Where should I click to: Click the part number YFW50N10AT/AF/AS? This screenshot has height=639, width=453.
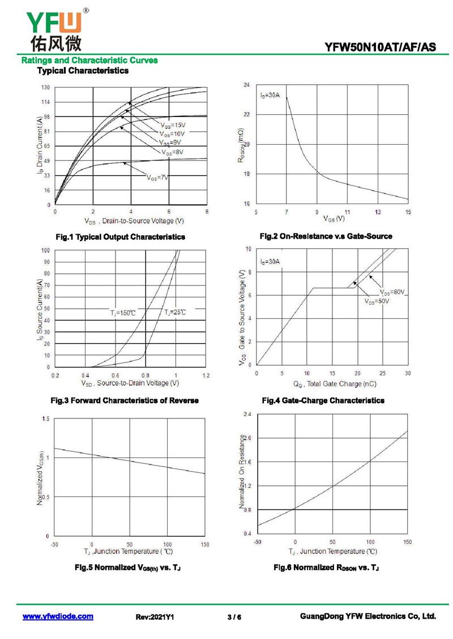[381, 48]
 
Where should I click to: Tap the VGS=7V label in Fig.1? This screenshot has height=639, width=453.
[158, 178]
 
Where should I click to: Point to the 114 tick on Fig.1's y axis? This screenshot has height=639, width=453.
[45, 102]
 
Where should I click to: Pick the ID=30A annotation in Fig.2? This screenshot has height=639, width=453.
[270, 96]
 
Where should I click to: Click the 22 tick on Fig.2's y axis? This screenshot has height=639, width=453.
[246, 115]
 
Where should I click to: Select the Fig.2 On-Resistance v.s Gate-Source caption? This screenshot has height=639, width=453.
[326, 236]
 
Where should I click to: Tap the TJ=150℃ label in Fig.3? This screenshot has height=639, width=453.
[123, 312]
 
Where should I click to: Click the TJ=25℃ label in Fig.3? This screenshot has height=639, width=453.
[175, 312]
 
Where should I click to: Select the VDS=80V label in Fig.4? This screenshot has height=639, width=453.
[392, 292]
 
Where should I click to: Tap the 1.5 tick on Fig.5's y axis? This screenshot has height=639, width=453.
[45, 419]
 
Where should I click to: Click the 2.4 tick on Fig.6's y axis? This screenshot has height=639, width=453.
[247, 415]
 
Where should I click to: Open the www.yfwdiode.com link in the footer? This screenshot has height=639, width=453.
[58, 616]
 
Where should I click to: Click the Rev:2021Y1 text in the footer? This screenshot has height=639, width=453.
[154, 617]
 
